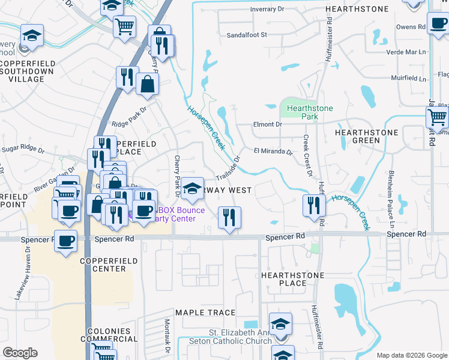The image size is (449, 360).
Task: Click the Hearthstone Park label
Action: point(309,112)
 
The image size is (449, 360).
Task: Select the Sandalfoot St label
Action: point(246,35)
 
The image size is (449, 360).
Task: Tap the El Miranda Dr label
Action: point(273,152)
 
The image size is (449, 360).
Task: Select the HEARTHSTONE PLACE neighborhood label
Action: point(292,279)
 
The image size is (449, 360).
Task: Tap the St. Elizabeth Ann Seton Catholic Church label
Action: point(240,337)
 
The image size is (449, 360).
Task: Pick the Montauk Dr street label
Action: point(168,335)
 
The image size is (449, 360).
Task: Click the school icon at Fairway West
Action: point(192,189)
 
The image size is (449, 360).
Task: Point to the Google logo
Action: point(20,353)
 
